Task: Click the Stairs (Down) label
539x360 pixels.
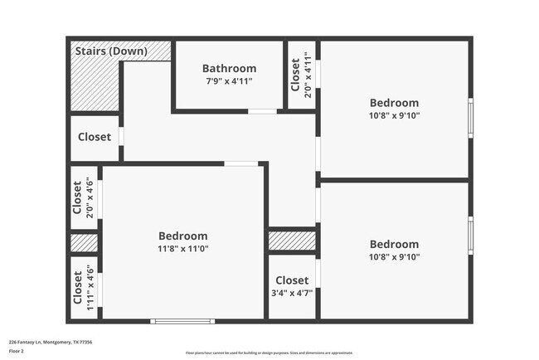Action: (111, 51)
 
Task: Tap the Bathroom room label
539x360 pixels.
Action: (230, 68)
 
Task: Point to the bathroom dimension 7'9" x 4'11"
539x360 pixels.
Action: (230, 81)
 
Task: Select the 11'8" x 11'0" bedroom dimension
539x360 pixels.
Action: (183, 248)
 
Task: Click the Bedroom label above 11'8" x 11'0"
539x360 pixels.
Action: (183, 235)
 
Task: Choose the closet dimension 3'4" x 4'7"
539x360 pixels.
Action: (292, 292)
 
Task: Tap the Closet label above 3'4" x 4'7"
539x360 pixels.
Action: (292, 280)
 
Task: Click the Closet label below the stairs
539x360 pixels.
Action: (94, 137)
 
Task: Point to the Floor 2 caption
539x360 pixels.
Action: (17, 351)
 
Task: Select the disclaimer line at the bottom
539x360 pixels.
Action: (269, 353)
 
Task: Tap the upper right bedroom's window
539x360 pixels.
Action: (470, 118)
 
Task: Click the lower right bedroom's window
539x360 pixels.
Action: (470, 236)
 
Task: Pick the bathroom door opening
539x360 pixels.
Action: (262, 111)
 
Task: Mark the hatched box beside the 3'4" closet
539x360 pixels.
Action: (292, 241)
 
